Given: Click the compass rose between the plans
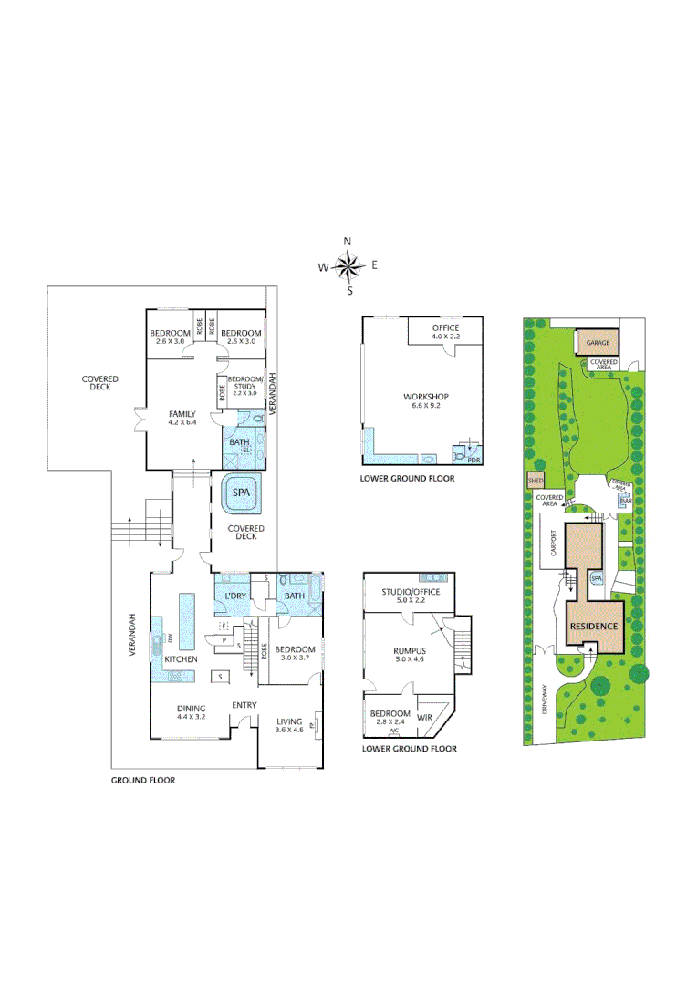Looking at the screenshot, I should (348, 266).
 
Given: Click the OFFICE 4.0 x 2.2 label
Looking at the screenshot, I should (445, 332).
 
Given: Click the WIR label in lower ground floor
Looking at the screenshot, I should (426, 718).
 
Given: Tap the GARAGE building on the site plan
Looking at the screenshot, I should (598, 343).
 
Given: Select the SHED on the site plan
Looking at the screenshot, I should (535, 481).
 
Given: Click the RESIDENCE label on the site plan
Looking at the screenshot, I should (595, 627).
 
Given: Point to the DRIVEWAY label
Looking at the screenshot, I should (545, 698).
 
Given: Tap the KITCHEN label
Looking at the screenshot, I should (181, 658).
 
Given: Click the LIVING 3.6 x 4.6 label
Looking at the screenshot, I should (290, 726).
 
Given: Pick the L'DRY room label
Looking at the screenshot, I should (235, 596).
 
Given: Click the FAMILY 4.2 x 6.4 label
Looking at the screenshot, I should (182, 418).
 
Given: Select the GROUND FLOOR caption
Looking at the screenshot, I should (143, 780).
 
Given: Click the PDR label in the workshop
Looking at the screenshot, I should (473, 461).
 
